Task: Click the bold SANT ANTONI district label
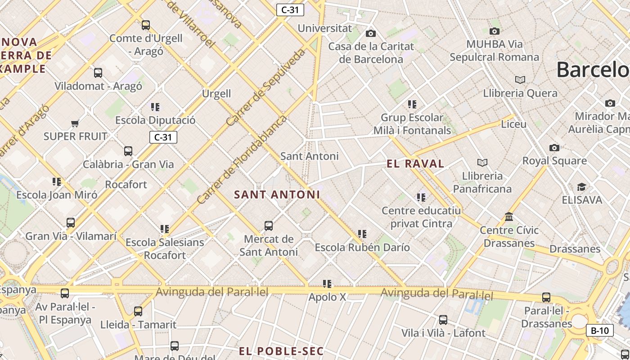tap(277, 194)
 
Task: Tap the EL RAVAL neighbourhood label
tap(415, 163)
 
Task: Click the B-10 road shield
tap(600, 331)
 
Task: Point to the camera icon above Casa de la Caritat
tap(371, 33)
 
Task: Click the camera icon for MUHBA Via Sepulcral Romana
tap(495, 31)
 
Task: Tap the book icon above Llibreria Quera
tap(520, 80)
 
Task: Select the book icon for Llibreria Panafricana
tap(482, 162)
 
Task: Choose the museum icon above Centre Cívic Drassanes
tap(509, 217)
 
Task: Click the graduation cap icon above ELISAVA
tap(581, 187)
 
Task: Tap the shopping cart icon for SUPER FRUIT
tap(75, 123)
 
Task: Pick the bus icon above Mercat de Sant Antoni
tap(269, 225)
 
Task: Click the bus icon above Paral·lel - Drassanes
tap(546, 297)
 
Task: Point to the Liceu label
tap(513, 124)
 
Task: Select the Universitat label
tap(324, 28)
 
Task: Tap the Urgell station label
tap(216, 94)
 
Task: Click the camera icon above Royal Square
tap(554, 148)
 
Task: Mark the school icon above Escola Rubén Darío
tap(362, 234)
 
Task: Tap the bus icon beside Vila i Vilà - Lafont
tap(443, 320)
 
